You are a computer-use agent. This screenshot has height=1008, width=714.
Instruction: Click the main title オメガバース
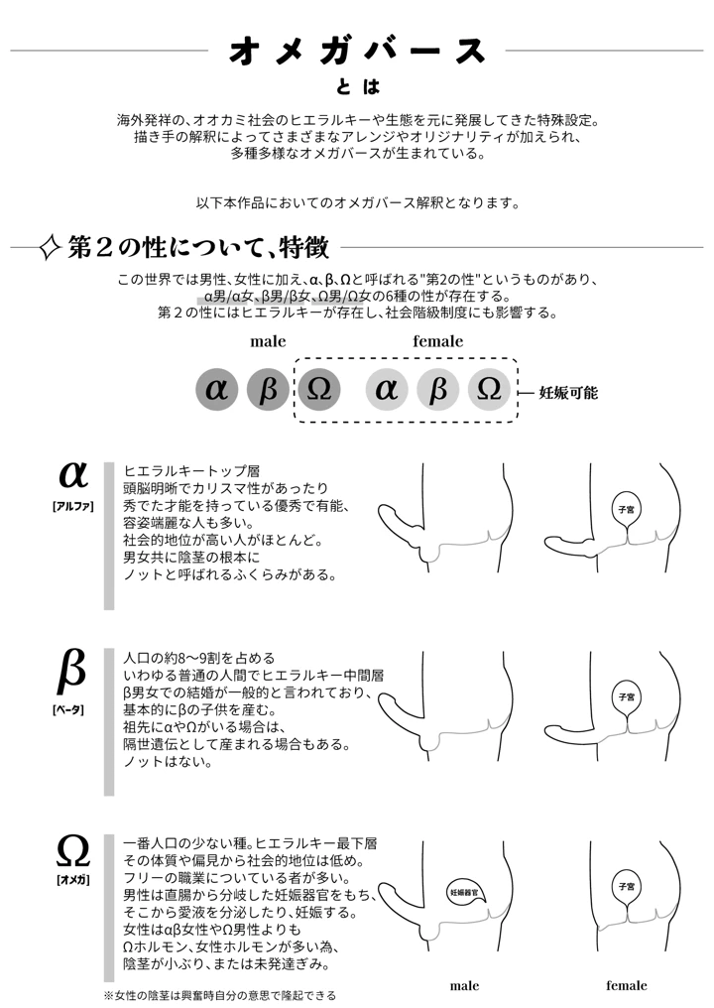(358, 51)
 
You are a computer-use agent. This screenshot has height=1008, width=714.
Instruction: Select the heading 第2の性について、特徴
(198, 247)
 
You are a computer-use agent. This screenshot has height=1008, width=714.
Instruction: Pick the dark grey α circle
(216, 390)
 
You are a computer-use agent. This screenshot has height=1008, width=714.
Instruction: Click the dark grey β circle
(268, 390)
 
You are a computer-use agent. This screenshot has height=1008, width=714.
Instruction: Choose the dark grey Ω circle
(319, 390)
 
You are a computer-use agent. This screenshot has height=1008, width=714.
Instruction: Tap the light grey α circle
(387, 390)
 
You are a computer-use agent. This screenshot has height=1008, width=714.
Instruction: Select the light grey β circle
(438, 390)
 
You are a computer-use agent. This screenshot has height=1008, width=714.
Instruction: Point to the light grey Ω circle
(489, 390)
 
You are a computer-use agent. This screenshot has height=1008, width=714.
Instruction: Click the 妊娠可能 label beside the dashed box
(568, 392)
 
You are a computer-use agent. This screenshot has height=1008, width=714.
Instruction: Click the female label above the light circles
(437, 341)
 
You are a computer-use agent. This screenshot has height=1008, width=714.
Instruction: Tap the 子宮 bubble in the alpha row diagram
(626, 507)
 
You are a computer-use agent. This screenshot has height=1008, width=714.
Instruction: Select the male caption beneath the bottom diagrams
(464, 986)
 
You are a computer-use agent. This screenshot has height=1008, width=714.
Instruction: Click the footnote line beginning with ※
(219, 994)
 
